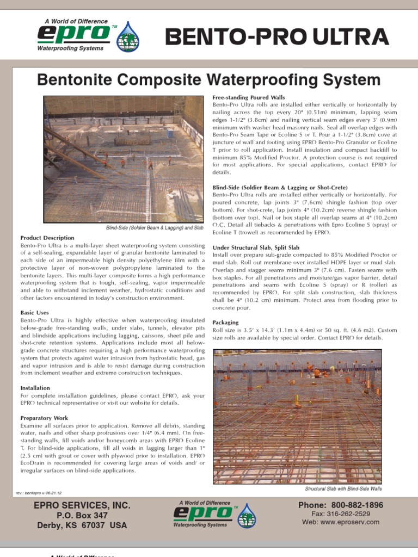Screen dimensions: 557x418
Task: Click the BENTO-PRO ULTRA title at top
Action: (x=277, y=37)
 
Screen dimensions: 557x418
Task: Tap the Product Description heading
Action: (x=47, y=238)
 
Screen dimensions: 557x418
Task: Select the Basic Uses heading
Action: (x=34, y=313)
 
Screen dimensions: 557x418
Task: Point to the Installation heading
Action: (x=35, y=388)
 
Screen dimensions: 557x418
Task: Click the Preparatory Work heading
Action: (x=45, y=418)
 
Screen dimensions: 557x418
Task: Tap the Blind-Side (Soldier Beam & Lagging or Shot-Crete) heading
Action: (x=280, y=187)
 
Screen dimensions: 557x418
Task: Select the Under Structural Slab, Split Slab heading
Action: (x=256, y=247)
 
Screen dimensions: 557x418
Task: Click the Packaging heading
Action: (x=225, y=323)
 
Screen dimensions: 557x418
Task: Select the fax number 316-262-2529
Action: (x=348, y=514)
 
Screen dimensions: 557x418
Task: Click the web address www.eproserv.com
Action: (x=348, y=522)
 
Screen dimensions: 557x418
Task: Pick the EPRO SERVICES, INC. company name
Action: (x=82, y=505)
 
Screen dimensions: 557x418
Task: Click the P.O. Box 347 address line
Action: (x=82, y=515)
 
